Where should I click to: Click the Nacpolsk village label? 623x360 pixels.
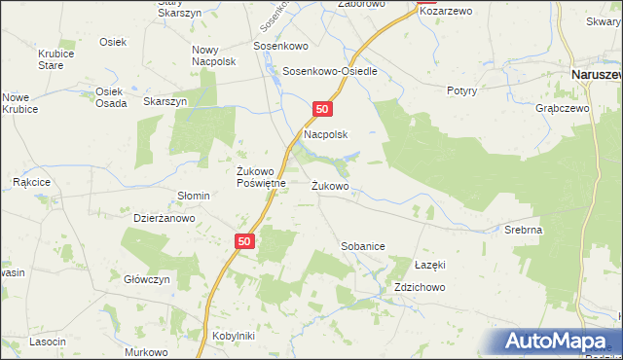326,135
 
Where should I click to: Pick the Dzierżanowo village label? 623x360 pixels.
165,219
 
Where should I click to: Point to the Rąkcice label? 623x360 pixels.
31,182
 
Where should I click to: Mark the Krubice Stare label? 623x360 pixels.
51,60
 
